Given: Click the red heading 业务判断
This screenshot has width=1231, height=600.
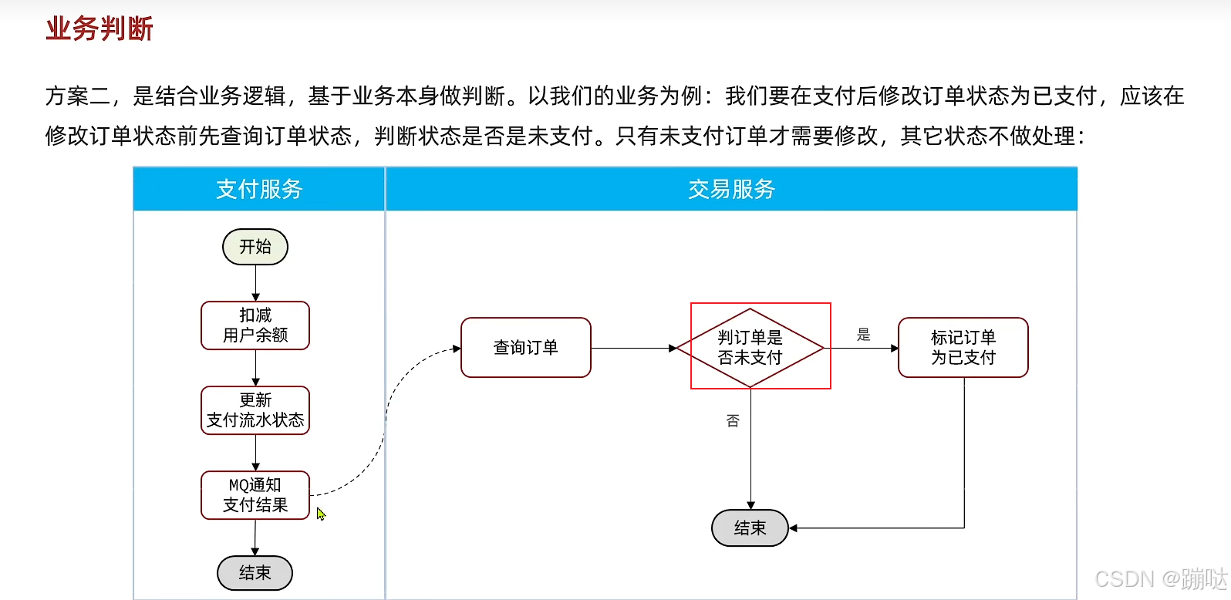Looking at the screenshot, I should (x=99, y=29).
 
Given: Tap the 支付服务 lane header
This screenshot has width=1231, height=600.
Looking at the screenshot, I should (x=259, y=189).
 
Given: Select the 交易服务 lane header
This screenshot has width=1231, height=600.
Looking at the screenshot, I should (x=731, y=189).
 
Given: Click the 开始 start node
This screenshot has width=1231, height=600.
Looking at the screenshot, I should (x=255, y=247).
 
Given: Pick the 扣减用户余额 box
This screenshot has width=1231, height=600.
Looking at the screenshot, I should (x=255, y=325).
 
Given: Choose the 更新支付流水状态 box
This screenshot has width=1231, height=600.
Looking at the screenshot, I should (x=255, y=410).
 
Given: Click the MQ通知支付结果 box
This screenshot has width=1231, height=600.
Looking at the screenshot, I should (x=255, y=495).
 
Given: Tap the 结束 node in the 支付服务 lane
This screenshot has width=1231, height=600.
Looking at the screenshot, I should (x=255, y=573).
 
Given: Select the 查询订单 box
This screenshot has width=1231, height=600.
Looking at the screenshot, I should (x=526, y=348).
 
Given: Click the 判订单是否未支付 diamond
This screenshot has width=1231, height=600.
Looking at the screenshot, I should (x=750, y=348).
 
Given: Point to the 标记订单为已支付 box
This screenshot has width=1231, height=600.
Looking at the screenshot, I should (x=963, y=348).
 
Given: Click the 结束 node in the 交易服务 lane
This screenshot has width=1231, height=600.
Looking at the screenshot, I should (x=750, y=528).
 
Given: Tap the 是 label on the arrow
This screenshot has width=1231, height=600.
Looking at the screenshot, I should (x=864, y=335).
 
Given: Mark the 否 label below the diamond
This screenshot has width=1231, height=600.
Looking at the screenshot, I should (x=733, y=421).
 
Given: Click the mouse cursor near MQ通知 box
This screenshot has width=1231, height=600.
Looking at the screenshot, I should (x=321, y=514).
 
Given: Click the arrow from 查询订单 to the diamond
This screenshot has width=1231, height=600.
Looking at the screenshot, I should (x=632, y=349).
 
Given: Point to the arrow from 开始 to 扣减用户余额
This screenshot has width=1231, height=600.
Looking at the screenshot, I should (x=255, y=283).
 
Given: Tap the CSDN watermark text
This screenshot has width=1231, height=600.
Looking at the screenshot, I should (x=1161, y=578).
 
